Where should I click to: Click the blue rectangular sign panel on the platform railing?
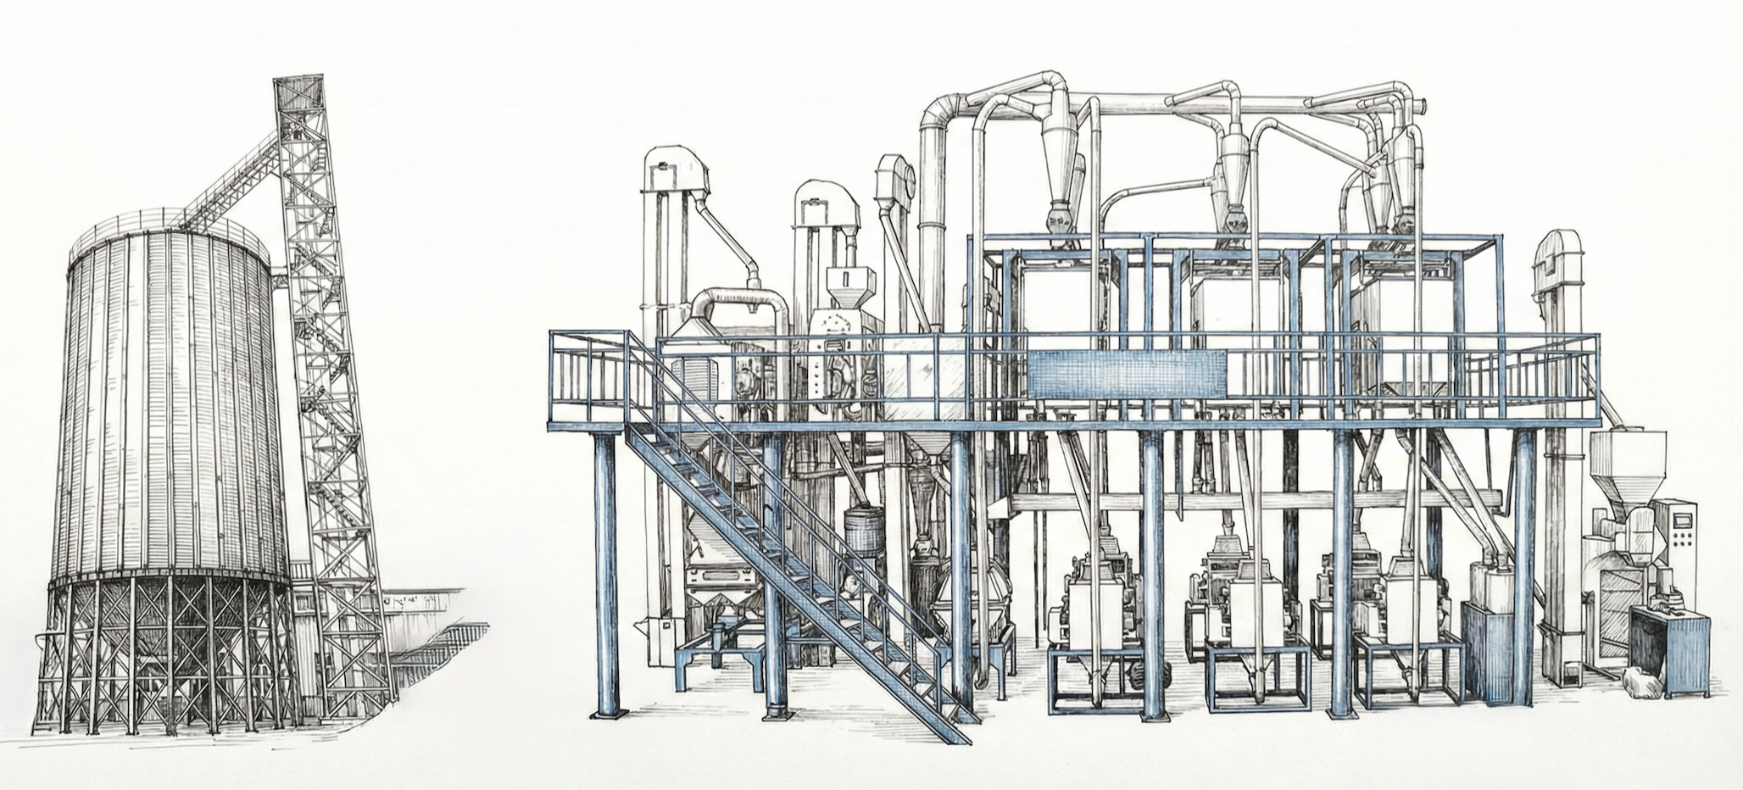click(x=1128, y=374)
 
